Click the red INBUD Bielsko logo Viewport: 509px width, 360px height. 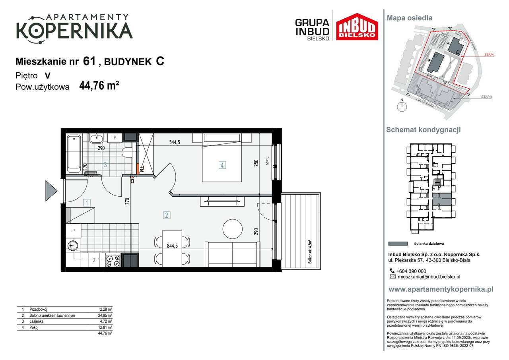(357, 27)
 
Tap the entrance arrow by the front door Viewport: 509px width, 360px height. (51, 190)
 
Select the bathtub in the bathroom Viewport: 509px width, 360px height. (74, 152)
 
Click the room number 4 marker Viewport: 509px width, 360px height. (222, 165)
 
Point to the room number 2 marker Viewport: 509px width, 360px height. (166, 215)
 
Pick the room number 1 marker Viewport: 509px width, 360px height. (87, 203)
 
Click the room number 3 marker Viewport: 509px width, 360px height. (105, 165)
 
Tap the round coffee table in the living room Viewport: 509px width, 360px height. (232, 229)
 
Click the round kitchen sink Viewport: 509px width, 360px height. (72, 245)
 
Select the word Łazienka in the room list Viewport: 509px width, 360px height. (36, 321)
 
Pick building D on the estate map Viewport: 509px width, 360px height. (456, 47)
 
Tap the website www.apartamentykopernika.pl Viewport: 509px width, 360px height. (441, 289)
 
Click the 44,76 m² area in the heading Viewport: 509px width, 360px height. (99, 86)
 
